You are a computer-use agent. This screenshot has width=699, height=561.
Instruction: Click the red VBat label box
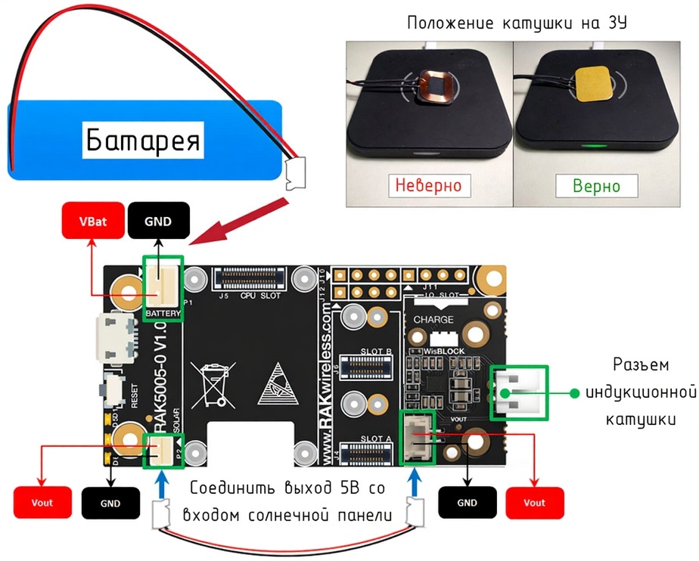coord(92,222)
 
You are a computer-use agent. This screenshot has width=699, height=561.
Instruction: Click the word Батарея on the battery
coord(143,139)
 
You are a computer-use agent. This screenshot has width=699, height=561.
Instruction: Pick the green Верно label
coord(596,186)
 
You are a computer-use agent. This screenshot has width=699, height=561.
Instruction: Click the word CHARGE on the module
coord(433,320)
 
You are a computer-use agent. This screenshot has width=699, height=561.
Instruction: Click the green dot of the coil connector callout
coord(575,392)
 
